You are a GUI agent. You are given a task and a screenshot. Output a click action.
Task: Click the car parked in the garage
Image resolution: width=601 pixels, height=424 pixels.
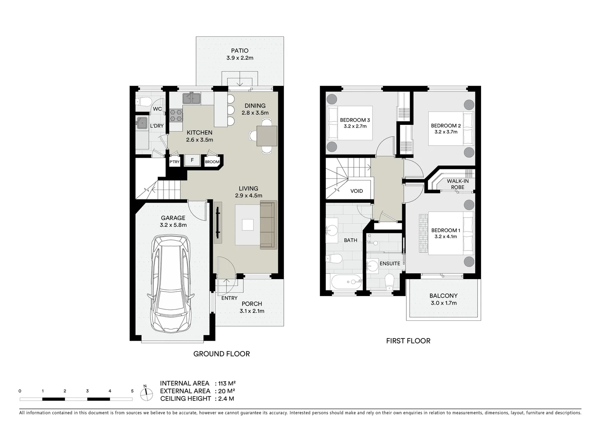click(x=171, y=284)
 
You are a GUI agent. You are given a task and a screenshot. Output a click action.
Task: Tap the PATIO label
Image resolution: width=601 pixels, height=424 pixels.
click(x=239, y=51)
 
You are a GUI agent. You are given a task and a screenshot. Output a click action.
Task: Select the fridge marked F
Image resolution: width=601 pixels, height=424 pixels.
click(x=192, y=160)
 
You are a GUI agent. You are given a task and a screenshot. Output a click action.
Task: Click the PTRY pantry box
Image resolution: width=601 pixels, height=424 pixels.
click(x=175, y=162)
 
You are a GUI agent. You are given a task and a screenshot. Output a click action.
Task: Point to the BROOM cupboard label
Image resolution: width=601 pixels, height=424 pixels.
click(x=212, y=162)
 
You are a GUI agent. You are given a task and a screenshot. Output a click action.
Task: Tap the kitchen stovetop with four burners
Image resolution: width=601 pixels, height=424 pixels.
click(x=176, y=115)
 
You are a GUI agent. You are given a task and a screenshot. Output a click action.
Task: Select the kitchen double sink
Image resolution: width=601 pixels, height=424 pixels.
click(x=191, y=98)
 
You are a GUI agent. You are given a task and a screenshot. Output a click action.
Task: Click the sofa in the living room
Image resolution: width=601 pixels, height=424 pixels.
click(x=268, y=225)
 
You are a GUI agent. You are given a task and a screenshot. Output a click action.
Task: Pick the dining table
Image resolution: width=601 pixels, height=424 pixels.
click(x=266, y=136)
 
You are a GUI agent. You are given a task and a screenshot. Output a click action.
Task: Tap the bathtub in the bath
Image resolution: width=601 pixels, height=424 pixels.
click(x=346, y=282)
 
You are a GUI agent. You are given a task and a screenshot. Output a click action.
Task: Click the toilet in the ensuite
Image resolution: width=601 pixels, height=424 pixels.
click(x=389, y=282)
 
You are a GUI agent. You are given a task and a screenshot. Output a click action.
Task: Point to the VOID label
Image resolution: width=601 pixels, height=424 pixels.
click(x=357, y=191)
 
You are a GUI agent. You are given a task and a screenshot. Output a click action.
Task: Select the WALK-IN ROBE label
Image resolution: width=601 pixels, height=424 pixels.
click(x=458, y=184)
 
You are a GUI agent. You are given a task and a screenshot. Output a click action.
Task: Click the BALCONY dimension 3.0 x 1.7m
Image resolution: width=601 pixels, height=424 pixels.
click(x=443, y=303)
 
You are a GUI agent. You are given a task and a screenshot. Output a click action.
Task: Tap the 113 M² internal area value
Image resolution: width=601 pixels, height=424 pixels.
click(x=230, y=384)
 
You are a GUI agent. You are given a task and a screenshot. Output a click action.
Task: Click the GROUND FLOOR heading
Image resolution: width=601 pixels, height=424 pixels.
click(x=221, y=354)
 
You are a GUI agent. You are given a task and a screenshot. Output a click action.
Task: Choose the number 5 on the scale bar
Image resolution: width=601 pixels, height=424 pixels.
click(x=132, y=391)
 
